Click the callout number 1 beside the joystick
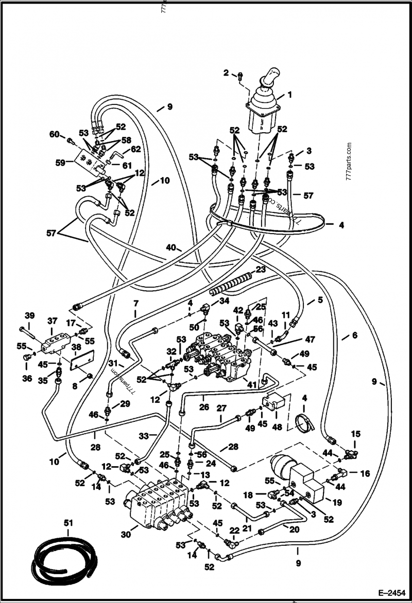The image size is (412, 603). [x=289, y=95]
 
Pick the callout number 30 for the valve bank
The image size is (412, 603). [x=126, y=535]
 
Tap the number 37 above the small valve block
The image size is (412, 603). [x=51, y=321]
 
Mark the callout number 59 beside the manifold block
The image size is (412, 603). [x=61, y=163]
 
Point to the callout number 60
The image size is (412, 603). [x=54, y=135]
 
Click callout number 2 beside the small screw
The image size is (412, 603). [x=226, y=73]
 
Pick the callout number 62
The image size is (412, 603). [x=135, y=150]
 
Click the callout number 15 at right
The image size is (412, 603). [x=356, y=435]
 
